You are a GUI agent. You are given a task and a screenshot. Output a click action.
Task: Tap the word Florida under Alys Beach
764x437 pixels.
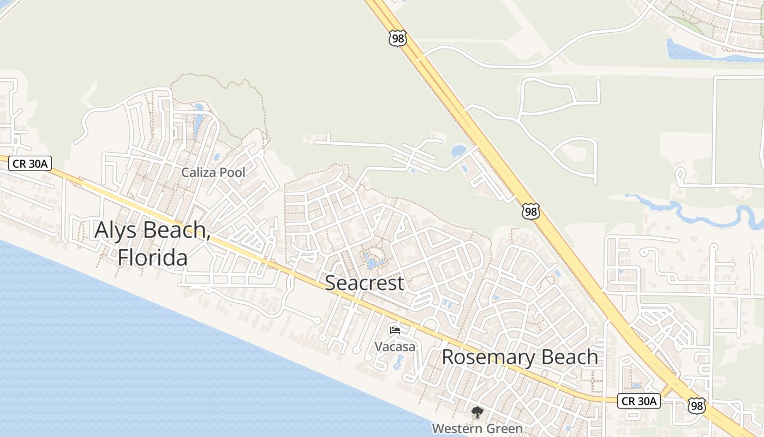(153, 257)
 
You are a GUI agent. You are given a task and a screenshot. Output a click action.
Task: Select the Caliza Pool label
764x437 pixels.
(213, 173)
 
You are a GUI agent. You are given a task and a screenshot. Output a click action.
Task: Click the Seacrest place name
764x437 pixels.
(365, 283)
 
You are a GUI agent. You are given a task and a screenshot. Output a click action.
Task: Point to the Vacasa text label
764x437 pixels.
(395, 346)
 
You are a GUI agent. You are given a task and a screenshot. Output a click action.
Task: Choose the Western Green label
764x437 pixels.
(477, 428)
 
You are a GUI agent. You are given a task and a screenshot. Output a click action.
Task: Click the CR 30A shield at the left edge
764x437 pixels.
(30, 163)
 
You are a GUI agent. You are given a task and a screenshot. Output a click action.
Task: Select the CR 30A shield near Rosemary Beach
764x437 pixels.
(640, 401)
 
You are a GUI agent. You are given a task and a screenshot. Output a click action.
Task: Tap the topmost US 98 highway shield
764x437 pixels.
(398, 38)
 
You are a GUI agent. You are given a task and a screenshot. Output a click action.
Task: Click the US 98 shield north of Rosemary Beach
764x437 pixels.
(530, 211)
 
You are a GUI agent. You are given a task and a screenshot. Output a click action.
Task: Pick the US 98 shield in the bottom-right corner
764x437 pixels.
(696, 405)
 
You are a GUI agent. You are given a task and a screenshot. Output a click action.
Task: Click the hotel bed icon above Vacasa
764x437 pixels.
(395, 330)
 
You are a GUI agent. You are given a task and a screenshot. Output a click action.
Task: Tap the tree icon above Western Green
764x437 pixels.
(477, 412)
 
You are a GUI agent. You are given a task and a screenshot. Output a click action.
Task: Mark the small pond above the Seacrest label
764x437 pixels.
(373, 263)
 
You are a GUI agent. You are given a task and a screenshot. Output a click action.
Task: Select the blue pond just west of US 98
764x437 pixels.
(458, 150)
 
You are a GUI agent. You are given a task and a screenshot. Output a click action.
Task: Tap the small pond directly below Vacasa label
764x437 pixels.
(398, 361)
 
